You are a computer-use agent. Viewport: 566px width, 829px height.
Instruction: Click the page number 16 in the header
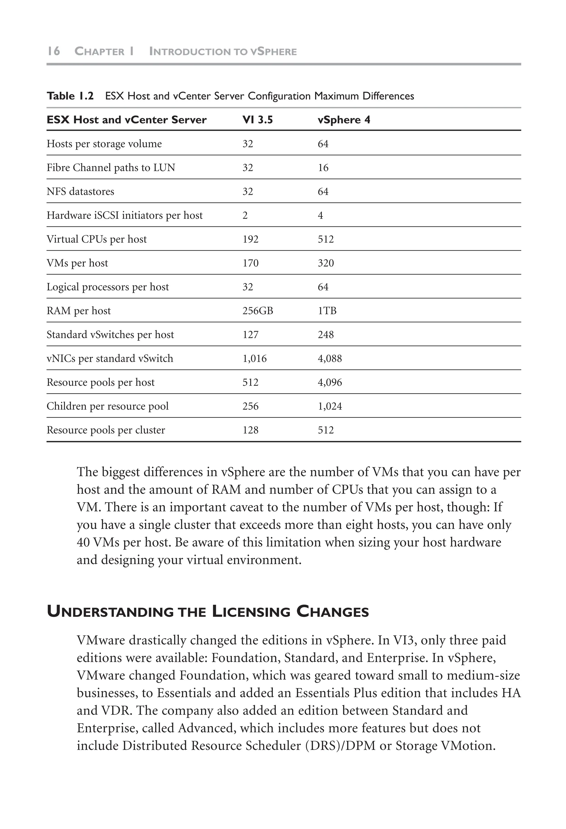(54, 51)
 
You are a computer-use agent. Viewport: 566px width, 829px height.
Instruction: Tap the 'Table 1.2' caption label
(70, 96)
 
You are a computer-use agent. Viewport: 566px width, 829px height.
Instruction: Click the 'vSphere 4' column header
(344, 120)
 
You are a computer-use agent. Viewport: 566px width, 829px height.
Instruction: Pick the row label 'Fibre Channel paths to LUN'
(111, 168)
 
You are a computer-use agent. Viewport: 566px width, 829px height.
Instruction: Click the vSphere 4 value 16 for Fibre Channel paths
(323, 168)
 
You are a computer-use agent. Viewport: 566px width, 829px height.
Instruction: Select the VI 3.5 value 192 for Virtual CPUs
(250, 239)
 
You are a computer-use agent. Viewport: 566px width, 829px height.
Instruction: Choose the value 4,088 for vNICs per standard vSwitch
(329, 358)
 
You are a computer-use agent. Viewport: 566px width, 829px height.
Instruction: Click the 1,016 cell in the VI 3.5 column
(254, 358)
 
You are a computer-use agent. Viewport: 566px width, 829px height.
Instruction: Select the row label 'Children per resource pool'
(107, 406)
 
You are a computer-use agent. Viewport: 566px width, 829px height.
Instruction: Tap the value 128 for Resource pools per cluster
(250, 430)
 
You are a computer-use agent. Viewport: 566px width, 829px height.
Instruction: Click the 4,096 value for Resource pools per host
(329, 382)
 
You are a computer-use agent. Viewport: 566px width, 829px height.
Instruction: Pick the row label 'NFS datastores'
(80, 191)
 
